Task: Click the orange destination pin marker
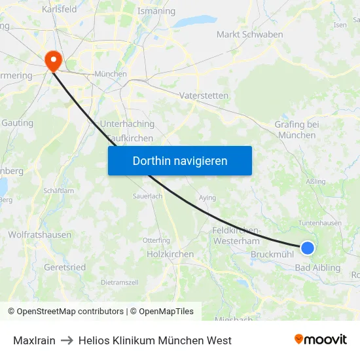(52, 60)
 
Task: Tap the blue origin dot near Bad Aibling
(307, 247)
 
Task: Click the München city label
(111, 74)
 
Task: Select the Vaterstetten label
(204, 96)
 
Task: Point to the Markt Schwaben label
(249, 35)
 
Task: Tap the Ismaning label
(156, 11)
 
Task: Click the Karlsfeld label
(59, 9)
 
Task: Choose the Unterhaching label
(127, 124)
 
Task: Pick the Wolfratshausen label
(40, 234)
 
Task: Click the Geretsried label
(65, 267)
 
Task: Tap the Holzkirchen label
(170, 254)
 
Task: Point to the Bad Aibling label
(318, 268)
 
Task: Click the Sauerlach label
(147, 196)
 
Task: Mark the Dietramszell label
(120, 282)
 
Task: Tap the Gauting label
(18, 123)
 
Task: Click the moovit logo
(320, 340)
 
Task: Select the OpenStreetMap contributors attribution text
(65, 312)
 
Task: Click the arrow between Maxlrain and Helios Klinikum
(67, 340)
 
